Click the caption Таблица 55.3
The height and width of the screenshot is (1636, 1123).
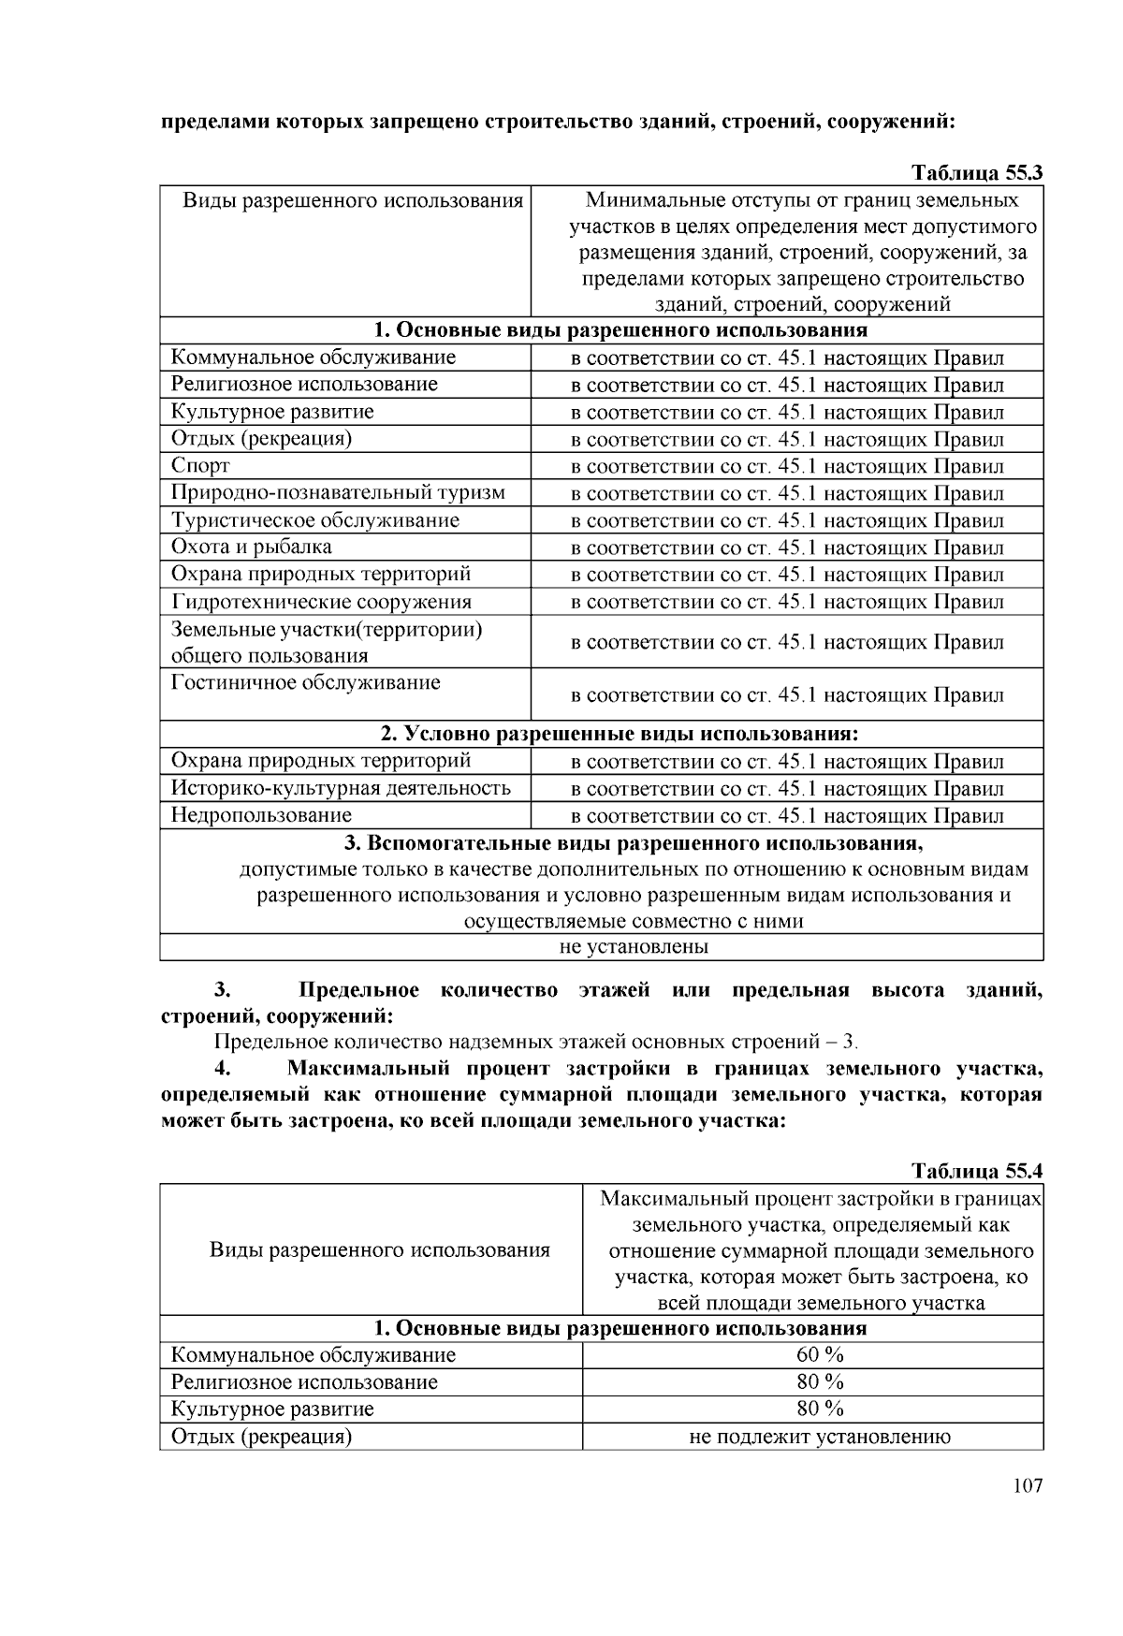pos(977,173)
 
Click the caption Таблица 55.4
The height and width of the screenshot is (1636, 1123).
pos(977,1171)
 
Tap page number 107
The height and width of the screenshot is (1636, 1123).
pos(1027,1486)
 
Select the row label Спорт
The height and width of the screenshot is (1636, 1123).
pos(200,466)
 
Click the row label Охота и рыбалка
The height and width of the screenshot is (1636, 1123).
pos(251,547)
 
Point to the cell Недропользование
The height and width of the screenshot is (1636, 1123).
pos(261,815)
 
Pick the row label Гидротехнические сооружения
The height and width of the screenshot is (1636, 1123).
pos(321,602)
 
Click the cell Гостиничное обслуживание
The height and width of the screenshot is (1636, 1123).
pos(305,682)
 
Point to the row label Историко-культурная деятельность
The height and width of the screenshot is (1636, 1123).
pos(341,788)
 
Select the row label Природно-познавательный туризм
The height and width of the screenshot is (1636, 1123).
pos(338,492)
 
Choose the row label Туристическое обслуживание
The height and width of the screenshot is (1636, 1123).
pos(314,520)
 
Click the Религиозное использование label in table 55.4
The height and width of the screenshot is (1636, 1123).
pos(304,1381)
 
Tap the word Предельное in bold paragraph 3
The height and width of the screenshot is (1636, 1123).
pos(357,990)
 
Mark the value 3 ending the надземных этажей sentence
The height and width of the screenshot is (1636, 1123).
pos(849,1042)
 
